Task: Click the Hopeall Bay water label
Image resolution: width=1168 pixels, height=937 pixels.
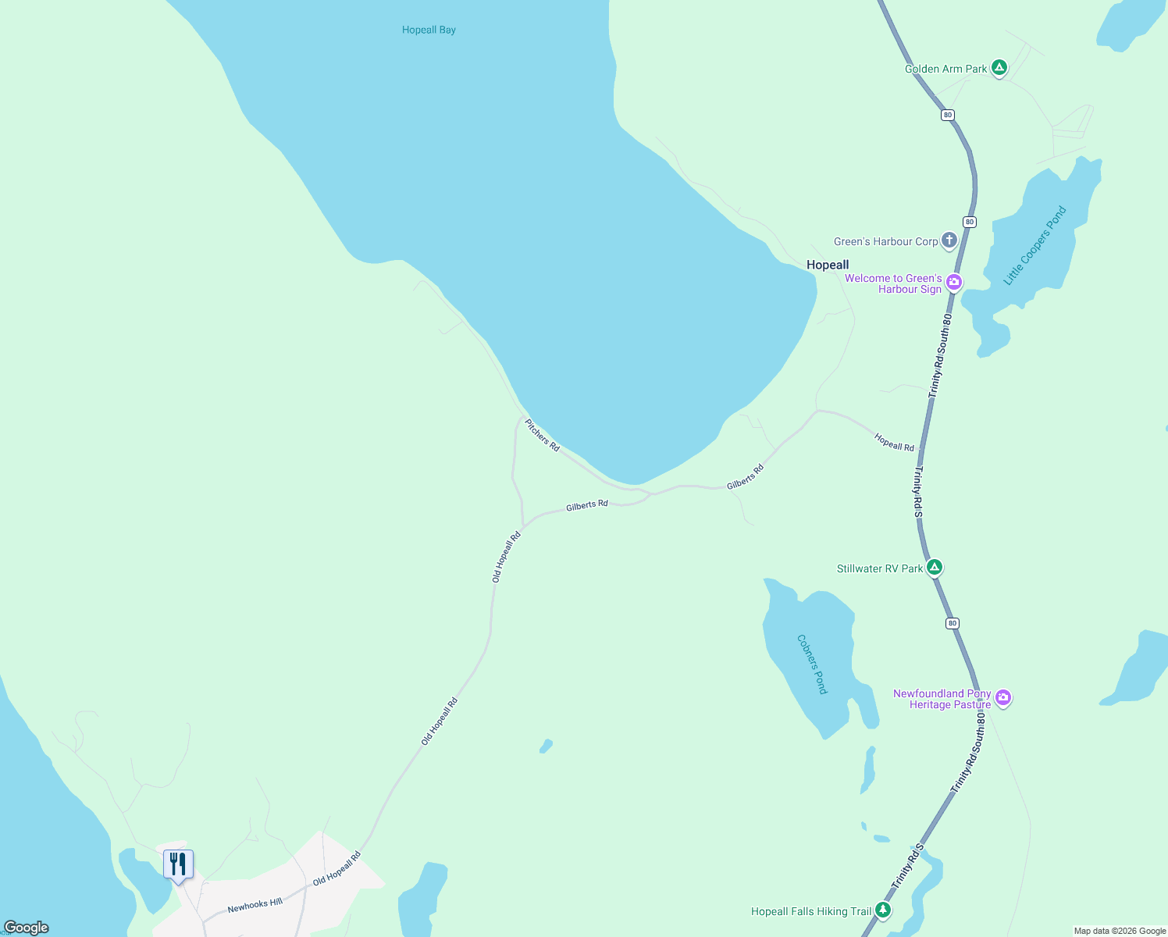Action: pyautogui.click(x=429, y=30)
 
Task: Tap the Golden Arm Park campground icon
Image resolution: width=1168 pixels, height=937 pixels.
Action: pyautogui.click(x=999, y=67)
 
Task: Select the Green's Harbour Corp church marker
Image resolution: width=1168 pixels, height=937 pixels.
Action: pyautogui.click(x=949, y=240)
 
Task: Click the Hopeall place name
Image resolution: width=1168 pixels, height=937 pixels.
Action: pyautogui.click(x=828, y=265)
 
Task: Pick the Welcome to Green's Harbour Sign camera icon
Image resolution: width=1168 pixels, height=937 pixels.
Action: pyautogui.click(x=954, y=282)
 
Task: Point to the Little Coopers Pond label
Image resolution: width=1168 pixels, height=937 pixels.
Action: pyautogui.click(x=1035, y=246)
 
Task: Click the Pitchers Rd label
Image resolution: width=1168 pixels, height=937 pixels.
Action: pyautogui.click(x=542, y=435)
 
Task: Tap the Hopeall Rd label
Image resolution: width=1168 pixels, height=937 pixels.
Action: pyautogui.click(x=894, y=442)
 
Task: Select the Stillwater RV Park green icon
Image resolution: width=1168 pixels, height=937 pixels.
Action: pyautogui.click(x=935, y=567)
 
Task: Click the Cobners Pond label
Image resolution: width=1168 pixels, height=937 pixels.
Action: pyautogui.click(x=812, y=664)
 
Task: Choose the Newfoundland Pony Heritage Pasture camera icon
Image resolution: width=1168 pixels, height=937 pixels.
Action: pyautogui.click(x=1003, y=697)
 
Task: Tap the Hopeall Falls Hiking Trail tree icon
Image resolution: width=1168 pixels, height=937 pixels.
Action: pyautogui.click(x=883, y=910)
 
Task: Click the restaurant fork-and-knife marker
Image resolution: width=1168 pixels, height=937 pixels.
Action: pyautogui.click(x=178, y=864)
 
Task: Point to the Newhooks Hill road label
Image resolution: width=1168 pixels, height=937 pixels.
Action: pyautogui.click(x=255, y=905)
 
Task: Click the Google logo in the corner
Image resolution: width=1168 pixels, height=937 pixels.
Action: pyautogui.click(x=26, y=928)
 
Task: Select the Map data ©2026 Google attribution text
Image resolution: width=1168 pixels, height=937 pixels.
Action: pyautogui.click(x=1120, y=931)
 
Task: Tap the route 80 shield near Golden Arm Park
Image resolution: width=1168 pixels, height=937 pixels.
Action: pyautogui.click(x=948, y=115)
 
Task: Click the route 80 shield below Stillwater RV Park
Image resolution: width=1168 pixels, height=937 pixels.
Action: pyautogui.click(x=952, y=623)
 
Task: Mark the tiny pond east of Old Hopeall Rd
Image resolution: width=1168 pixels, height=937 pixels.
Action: pyautogui.click(x=546, y=746)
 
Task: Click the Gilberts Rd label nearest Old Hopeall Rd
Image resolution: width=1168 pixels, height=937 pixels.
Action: pyautogui.click(x=587, y=505)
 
